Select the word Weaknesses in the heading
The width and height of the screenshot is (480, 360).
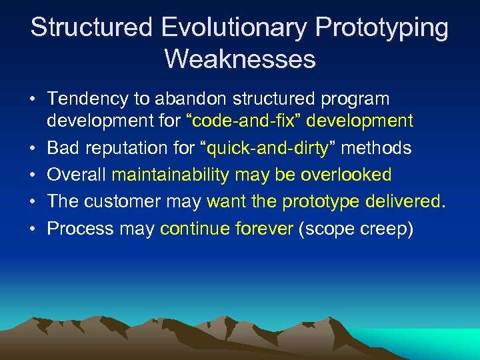(x=239, y=59)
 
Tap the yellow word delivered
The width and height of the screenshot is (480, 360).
(x=407, y=201)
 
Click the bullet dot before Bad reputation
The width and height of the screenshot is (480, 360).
(x=33, y=148)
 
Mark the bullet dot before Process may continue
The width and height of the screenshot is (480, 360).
(x=33, y=229)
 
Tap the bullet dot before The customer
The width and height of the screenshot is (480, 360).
(x=33, y=201)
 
